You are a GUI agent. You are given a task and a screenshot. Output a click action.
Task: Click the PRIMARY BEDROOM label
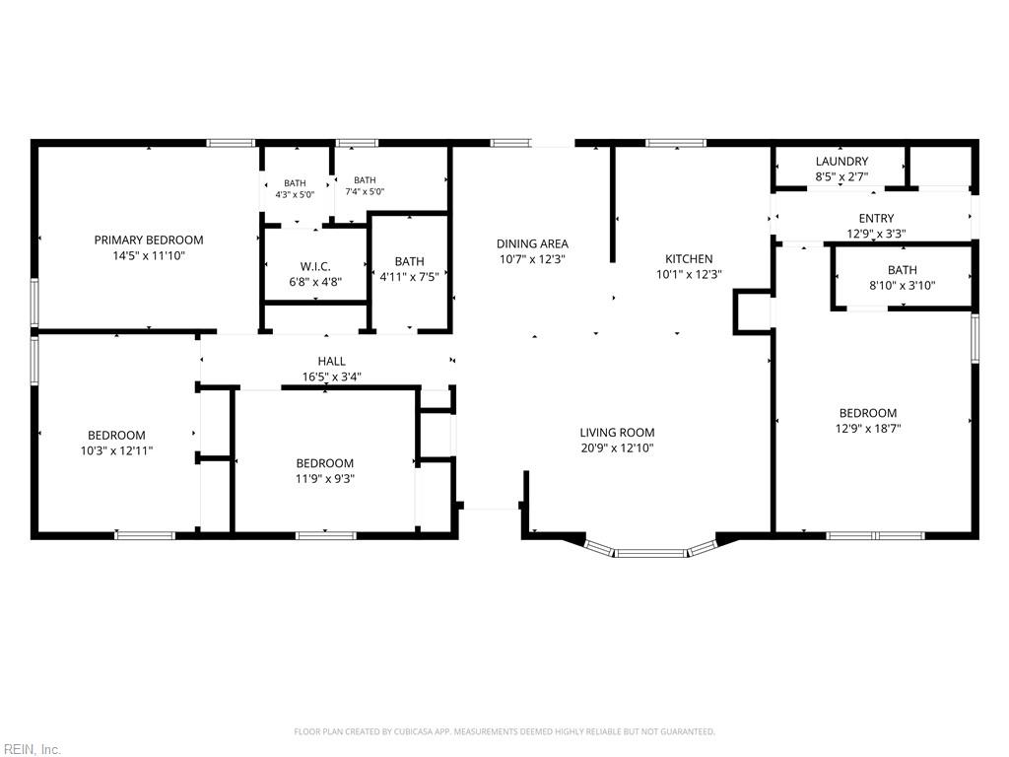149,241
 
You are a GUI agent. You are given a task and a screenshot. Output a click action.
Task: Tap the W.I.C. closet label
315,266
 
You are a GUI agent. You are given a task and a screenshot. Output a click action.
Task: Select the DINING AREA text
532,244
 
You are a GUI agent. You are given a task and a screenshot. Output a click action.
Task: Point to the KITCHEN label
689,259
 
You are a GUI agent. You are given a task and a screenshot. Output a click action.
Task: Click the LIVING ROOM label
617,433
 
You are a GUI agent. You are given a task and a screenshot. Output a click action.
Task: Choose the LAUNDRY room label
841,162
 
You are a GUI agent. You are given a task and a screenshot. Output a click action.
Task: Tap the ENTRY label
876,218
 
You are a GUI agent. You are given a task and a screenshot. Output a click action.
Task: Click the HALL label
331,361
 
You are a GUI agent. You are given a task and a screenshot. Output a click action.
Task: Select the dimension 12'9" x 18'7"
867,429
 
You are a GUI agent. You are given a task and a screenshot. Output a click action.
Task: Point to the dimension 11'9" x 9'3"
325,479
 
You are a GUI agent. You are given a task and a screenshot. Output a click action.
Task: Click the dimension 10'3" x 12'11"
116,450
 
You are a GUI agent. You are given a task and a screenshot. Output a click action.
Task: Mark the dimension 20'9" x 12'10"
617,448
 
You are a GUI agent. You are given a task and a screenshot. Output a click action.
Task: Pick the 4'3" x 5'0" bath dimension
295,194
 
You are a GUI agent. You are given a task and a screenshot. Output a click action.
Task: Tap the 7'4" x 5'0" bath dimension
365,191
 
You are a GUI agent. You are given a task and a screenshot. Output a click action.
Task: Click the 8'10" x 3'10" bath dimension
903,286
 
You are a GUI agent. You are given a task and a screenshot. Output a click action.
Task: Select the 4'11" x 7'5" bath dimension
410,277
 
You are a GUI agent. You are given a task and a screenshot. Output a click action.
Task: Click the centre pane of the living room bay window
651,553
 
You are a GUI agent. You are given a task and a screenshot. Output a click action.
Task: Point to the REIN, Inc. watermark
31,749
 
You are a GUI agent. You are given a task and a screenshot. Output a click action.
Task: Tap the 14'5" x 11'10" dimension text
149,255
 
